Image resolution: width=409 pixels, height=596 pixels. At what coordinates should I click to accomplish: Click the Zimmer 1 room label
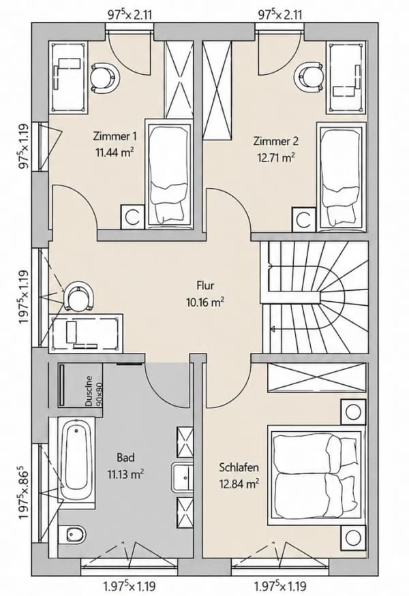tap(115, 136)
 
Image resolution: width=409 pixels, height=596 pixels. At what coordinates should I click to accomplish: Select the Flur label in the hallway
tap(205, 285)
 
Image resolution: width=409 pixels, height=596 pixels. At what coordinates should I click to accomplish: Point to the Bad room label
tap(125, 457)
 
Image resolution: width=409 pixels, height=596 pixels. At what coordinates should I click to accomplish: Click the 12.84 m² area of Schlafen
tap(239, 484)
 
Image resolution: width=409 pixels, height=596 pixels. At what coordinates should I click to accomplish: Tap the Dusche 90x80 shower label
tap(94, 391)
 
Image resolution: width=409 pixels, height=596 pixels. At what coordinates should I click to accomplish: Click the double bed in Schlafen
tap(316, 475)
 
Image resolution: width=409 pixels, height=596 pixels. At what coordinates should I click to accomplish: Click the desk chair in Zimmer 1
tap(104, 78)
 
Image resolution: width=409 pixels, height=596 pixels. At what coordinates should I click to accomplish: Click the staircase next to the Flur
tap(314, 297)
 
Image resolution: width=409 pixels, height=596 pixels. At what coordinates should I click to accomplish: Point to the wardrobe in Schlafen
tap(317, 377)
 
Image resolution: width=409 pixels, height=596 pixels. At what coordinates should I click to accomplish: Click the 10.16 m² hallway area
tap(204, 302)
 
